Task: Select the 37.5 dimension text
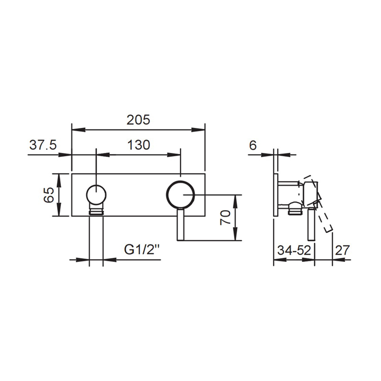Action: tap(42, 145)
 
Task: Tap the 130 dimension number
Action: tap(138, 145)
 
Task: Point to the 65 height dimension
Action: tap(48, 195)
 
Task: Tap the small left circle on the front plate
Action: tap(96, 194)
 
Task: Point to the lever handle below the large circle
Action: tap(181, 224)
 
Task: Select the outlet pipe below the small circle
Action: tap(96, 239)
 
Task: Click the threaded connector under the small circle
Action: tap(96, 210)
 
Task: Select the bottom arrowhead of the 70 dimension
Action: tap(235, 238)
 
